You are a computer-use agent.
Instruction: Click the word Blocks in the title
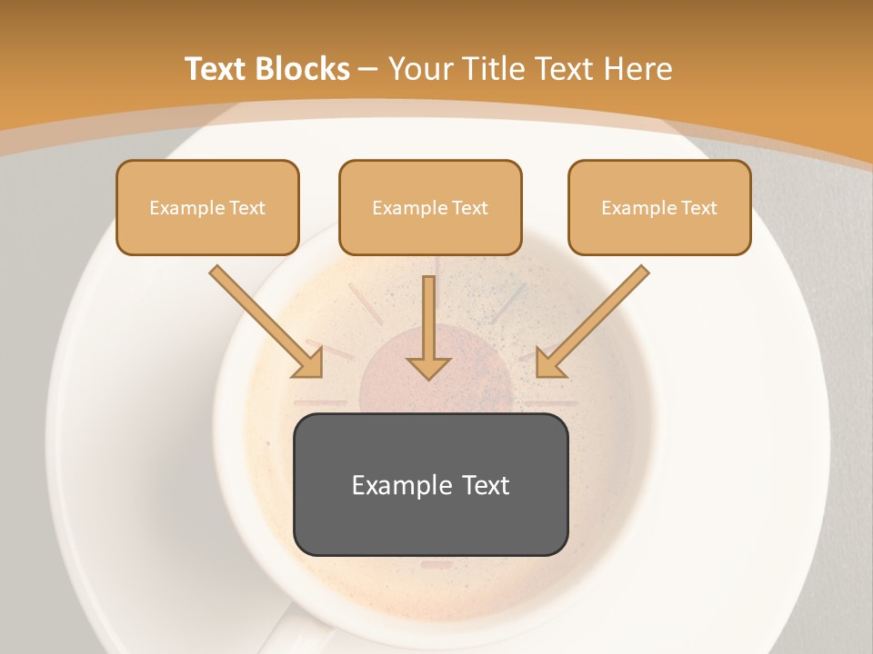coord(303,68)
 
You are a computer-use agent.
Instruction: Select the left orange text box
coord(207,207)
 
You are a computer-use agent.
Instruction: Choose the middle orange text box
coord(430,207)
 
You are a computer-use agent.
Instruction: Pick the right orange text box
coord(659,207)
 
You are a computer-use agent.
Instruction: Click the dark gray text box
coord(430,484)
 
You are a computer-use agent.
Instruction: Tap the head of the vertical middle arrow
coord(428,367)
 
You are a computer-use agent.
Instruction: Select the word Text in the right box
coord(699,208)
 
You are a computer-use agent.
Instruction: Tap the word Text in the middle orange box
coord(470,208)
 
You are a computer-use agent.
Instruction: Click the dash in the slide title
coord(369,68)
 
